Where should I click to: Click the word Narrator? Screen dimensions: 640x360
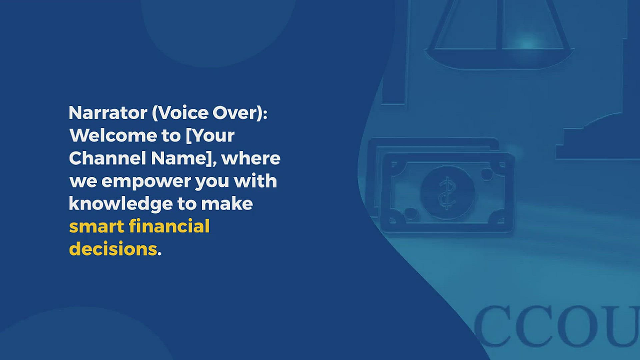point(108,113)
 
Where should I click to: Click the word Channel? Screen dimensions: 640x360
point(107,158)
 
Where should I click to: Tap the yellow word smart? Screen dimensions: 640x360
point(96,227)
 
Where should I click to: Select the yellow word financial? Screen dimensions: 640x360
point(169,226)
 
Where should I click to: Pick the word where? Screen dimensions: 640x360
point(251,158)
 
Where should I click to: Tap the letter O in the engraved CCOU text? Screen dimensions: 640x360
point(576,326)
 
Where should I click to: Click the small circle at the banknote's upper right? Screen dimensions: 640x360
point(487,174)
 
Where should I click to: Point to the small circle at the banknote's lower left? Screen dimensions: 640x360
point(411,212)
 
